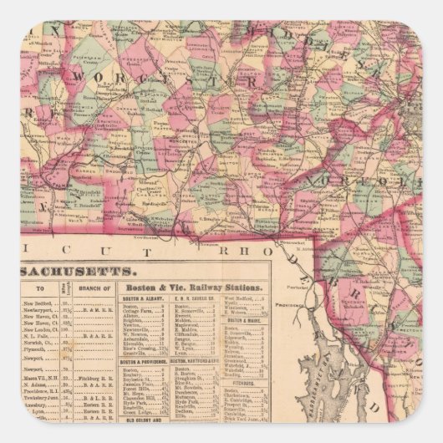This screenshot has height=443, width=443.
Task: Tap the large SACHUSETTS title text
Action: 76,272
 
